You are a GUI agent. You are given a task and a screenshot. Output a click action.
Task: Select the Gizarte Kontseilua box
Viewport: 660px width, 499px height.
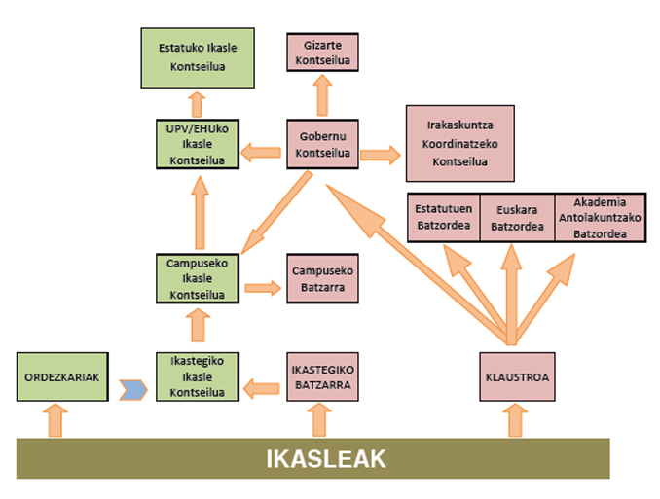(x=323, y=52)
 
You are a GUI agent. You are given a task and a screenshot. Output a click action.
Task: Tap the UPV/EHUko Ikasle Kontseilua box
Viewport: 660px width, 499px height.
(x=198, y=144)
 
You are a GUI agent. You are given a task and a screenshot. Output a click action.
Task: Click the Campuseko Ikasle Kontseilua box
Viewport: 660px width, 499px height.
(x=198, y=278)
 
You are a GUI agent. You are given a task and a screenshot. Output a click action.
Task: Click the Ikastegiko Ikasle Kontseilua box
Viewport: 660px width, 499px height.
(x=198, y=376)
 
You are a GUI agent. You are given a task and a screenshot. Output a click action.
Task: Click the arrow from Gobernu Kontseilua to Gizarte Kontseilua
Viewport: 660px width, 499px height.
(x=322, y=94)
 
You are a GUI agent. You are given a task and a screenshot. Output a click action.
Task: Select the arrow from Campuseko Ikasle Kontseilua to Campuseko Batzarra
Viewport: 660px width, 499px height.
(x=262, y=288)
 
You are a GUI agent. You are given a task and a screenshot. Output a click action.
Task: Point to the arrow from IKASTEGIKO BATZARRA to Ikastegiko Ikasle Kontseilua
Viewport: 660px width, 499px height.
(x=261, y=389)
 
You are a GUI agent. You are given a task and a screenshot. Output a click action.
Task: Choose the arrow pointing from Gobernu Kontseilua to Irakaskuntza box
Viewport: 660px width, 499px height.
(x=381, y=154)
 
